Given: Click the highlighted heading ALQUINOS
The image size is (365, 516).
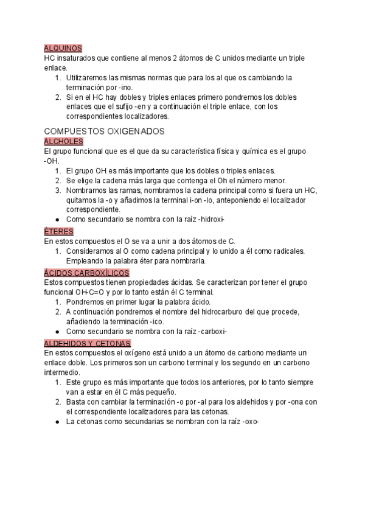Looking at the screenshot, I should click(63, 48).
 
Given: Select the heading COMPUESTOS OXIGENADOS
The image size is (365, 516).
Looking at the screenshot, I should click(105, 131).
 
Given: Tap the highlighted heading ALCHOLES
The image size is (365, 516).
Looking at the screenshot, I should click(64, 141).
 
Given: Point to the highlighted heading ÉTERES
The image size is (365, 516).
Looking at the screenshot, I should click(59, 231).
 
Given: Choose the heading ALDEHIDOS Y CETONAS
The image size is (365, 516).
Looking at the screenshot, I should click(88, 343).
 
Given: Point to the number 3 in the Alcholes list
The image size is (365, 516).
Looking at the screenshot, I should click(57, 190).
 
